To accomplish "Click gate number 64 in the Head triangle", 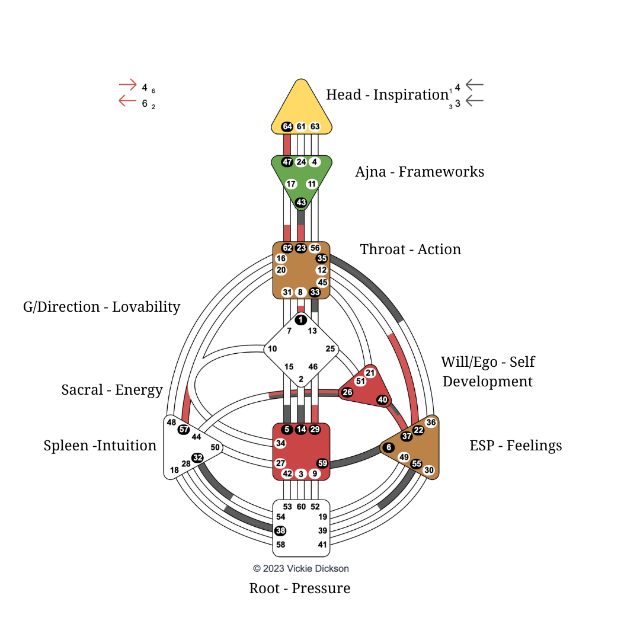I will (287, 126).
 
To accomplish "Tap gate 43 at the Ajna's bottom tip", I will (301, 203).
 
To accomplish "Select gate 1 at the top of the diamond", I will (301, 320).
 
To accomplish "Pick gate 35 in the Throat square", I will (322, 258).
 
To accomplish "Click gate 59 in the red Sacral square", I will (322, 463).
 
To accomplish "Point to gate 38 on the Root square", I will (280, 531).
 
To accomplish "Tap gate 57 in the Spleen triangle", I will (184, 429).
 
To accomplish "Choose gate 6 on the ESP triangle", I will (389, 447).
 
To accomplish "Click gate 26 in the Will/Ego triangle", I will (347, 392).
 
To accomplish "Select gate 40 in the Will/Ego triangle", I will (383, 400).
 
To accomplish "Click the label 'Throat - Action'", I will (410, 249).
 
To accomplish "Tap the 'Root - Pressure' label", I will (299, 588).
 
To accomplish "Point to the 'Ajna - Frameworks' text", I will (420, 172).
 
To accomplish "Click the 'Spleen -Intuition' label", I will (100, 446).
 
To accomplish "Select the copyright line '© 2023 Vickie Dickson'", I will (301, 568).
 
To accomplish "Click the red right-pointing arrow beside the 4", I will (128, 85).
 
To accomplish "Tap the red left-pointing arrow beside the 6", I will (128, 101).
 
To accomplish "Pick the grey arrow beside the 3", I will (475, 101).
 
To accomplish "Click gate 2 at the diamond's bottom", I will (301, 380).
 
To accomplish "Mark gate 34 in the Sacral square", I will (281, 443).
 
